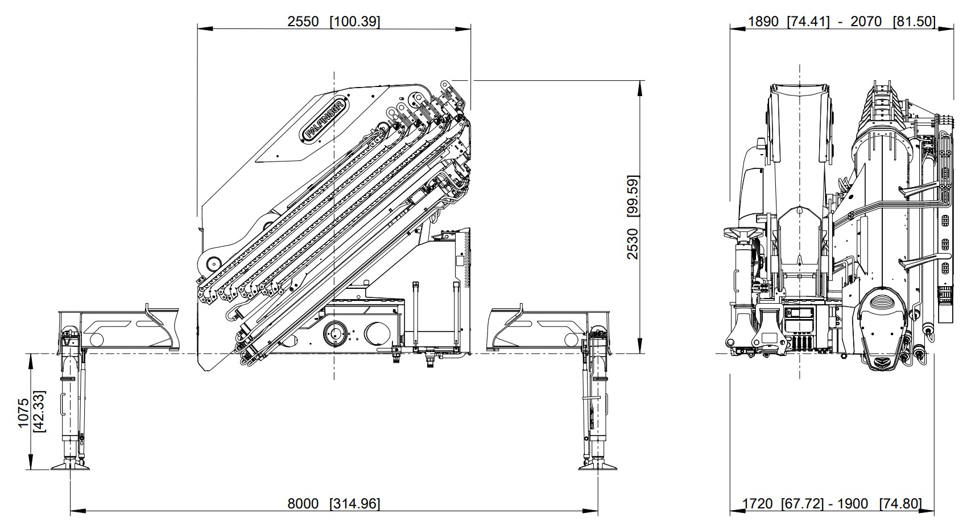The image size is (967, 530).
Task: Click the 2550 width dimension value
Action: (x=303, y=21)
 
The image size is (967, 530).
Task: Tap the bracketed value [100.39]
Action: (x=355, y=21)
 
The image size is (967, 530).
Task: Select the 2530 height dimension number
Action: (x=633, y=244)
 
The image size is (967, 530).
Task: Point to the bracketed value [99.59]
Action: (x=633, y=197)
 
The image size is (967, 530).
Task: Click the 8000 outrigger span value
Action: (x=303, y=504)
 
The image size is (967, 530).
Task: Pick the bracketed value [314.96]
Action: (x=355, y=504)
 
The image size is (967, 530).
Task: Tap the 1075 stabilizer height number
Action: (x=23, y=413)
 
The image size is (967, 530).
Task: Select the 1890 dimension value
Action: (x=763, y=21)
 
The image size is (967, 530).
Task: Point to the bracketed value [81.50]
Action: (x=914, y=21)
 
